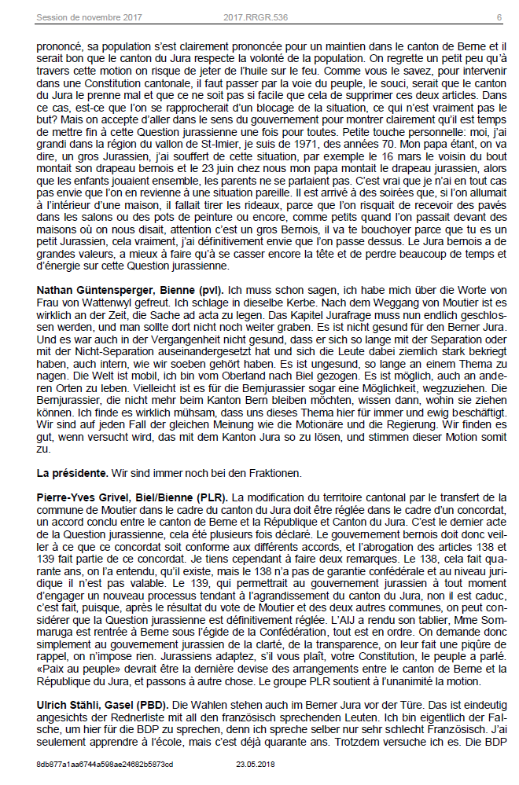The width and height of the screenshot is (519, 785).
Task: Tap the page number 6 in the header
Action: [x=499, y=17]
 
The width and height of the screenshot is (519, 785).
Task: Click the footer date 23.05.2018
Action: [x=254, y=764]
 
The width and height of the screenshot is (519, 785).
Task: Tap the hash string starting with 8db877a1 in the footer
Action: [x=105, y=764]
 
